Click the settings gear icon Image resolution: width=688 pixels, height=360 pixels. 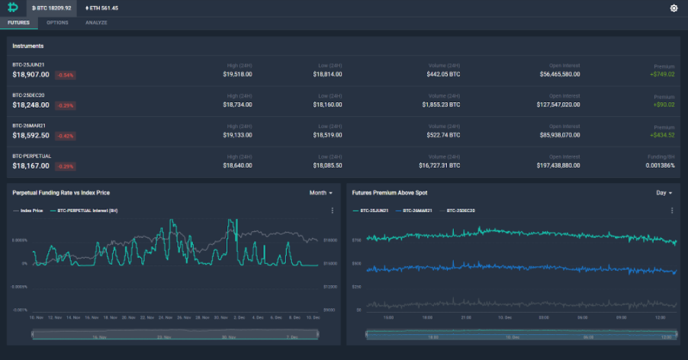pyautogui.click(x=674, y=8)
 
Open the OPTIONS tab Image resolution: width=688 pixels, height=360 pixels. pyautogui.click(x=57, y=23)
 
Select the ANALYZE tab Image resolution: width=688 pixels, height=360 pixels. pyautogui.click(x=96, y=23)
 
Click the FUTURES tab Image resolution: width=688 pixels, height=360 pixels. pyautogui.click(x=19, y=23)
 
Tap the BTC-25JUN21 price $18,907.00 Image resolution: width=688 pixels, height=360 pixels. pyautogui.click(x=31, y=75)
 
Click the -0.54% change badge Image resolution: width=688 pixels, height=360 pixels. pyautogui.click(x=65, y=75)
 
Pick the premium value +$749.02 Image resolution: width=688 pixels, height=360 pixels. pyautogui.click(x=662, y=74)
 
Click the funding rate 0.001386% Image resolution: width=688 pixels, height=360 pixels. pyautogui.click(x=660, y=165)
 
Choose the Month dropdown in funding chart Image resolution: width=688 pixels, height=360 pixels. pyautogui.click(x=320, y=193)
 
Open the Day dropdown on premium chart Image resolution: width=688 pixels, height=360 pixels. pyautogui.click(x=664, y=193)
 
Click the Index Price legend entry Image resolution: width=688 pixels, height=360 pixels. pyautogui.click(x=29, y=211)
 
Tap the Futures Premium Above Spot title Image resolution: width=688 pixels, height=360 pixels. pyautogui.click(x=390, y=193)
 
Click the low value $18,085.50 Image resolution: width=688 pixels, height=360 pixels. pyautogui.click(x=327, y=165)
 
